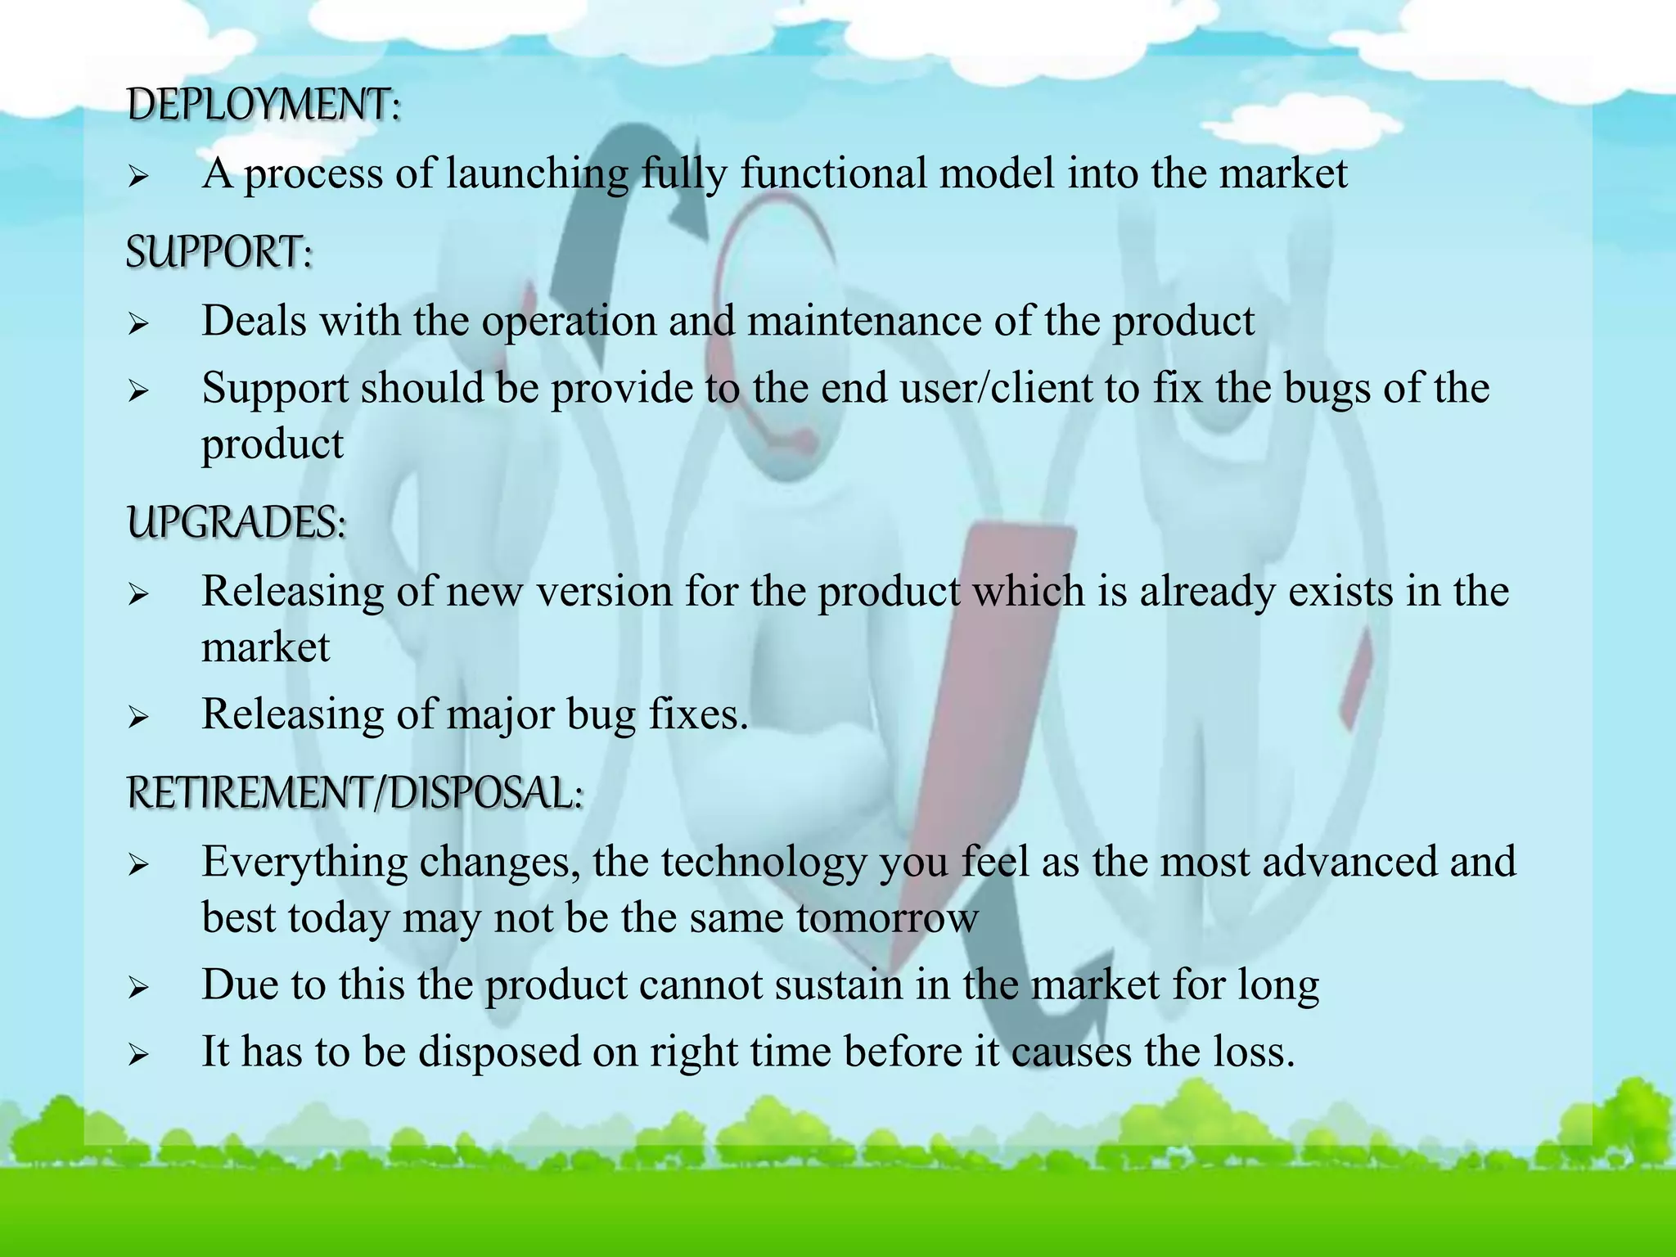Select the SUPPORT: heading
tap(219, 251)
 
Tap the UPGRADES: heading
tap(237, 522)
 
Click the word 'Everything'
tap(304, 862)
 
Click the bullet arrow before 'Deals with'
tap(137, 325)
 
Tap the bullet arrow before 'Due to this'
tap(137, 989)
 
